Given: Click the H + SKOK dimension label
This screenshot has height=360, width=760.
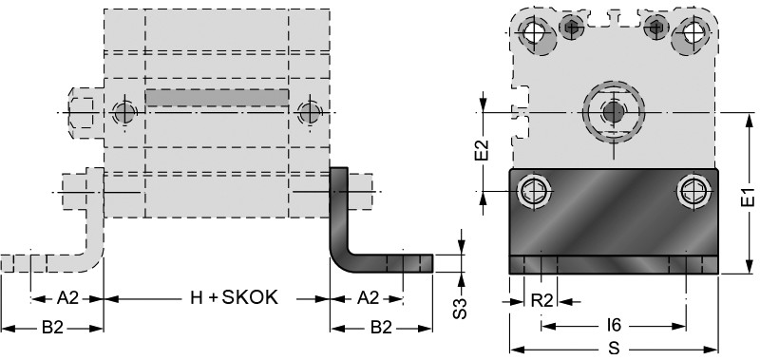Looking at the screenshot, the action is (x=235, y=297).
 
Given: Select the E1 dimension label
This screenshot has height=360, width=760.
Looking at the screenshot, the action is (x=749, y=198).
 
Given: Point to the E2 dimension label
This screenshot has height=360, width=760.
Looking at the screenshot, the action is (x=482, y=150).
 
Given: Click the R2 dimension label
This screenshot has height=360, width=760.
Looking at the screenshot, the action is (x=541, y=301).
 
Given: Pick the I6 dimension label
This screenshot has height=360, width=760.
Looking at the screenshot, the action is (x=614, y=325).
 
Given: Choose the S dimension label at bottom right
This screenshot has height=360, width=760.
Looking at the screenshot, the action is (x=614, y=349).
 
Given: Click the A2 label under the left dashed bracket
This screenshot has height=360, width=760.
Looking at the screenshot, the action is (x=67, y=298).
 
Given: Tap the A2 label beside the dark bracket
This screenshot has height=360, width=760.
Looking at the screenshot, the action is (x=368, y=298).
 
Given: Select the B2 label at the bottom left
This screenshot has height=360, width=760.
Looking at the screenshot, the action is (x=52, y=328).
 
